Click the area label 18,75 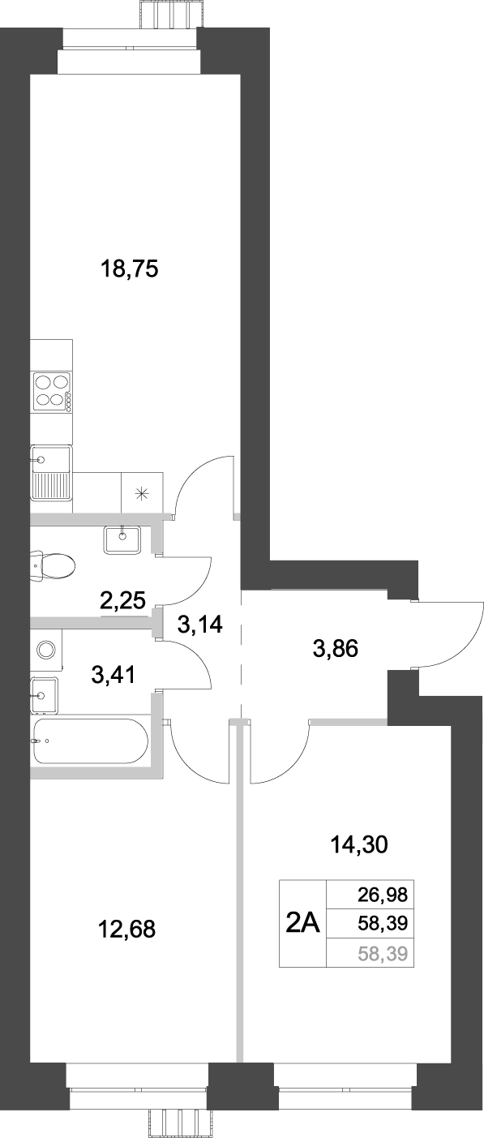point(127,268)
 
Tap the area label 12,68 point(126,929)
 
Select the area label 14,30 point(360,845)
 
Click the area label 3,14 point(199,625)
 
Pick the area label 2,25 point(122,601)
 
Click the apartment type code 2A point(303,923)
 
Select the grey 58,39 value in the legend point(382,954)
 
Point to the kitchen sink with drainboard point(50,473)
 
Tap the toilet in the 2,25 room point(50,565)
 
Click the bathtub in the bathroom point(90,741)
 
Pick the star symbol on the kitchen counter point(142,492)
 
